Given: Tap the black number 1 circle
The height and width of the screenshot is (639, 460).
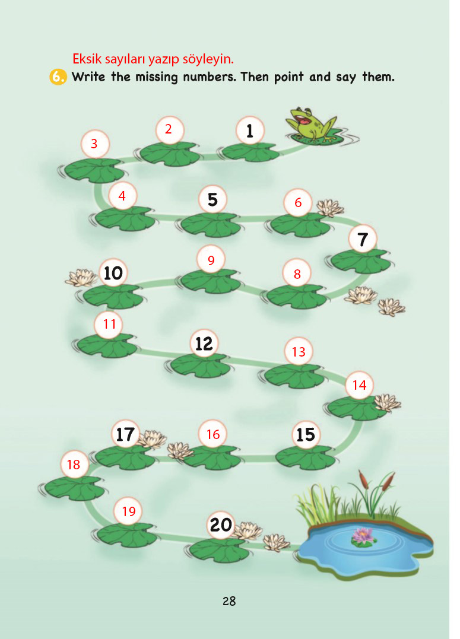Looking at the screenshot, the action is [x=250, y=131].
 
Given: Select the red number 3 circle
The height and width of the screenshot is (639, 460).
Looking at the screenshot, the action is [x=94, y=144].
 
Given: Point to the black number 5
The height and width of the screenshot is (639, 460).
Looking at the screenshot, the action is [x=212, y=200].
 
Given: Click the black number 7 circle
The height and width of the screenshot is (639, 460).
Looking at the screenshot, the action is [x=363, y=239].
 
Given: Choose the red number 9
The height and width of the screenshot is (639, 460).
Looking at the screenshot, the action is [x=211, y=260].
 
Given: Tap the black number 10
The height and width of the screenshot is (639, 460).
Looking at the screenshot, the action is [x=113, y=273].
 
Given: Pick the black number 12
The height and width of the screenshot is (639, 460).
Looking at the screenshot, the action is [x=204, y=344].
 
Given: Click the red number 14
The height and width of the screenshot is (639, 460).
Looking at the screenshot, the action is [x=359, y=385].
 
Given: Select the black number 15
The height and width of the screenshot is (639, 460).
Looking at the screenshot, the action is [x=306, y=434].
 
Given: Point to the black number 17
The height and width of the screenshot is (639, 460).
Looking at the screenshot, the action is [x=125, y=434].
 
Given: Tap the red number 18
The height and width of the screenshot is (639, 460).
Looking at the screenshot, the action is [x=74, y=465].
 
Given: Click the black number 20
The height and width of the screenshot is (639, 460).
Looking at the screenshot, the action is [x=221, y=525].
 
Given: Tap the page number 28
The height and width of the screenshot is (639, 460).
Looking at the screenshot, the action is [x=229, y=601].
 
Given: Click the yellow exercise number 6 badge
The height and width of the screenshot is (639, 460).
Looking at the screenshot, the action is [x=58, y=77].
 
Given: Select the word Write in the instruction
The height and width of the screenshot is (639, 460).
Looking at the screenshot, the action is [x=88, y=77].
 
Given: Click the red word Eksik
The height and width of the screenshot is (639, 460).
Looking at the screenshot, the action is [x=87, y=59].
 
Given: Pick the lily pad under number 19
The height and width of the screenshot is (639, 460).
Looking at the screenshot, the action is [x=127, y=535].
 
